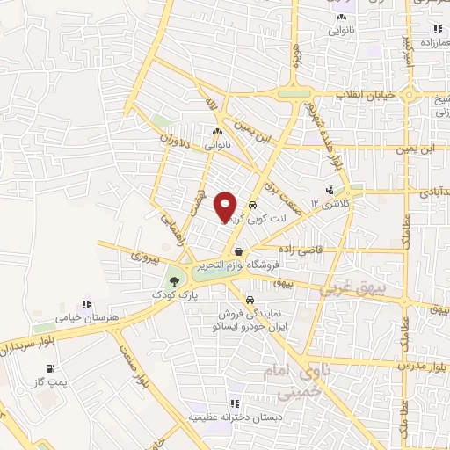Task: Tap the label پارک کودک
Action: [x=176, y=296]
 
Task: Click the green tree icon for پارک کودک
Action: [x=176, y=281]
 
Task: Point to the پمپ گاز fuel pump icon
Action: [x=50, y=368]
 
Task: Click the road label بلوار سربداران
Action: [x=33, y=339]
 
